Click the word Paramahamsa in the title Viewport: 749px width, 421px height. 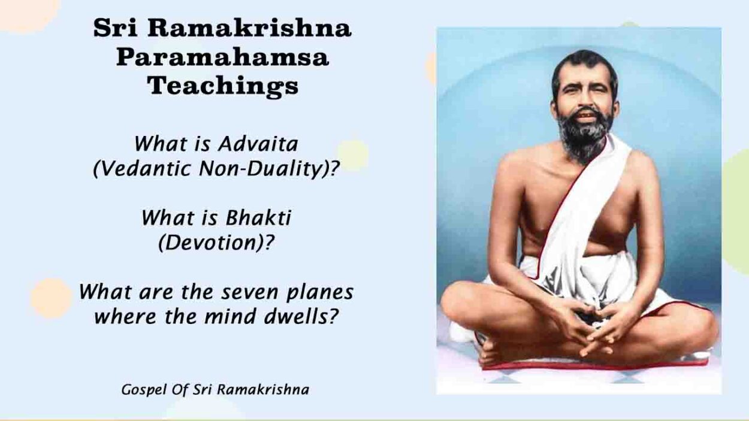pos(222,58)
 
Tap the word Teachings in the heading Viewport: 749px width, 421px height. pos(222,86)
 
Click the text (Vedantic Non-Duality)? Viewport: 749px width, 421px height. pos(216,169)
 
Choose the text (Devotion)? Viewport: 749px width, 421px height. pos(216,243)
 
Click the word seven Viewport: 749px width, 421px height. pos(246,292)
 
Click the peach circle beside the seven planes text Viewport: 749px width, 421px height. pos(51,298)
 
